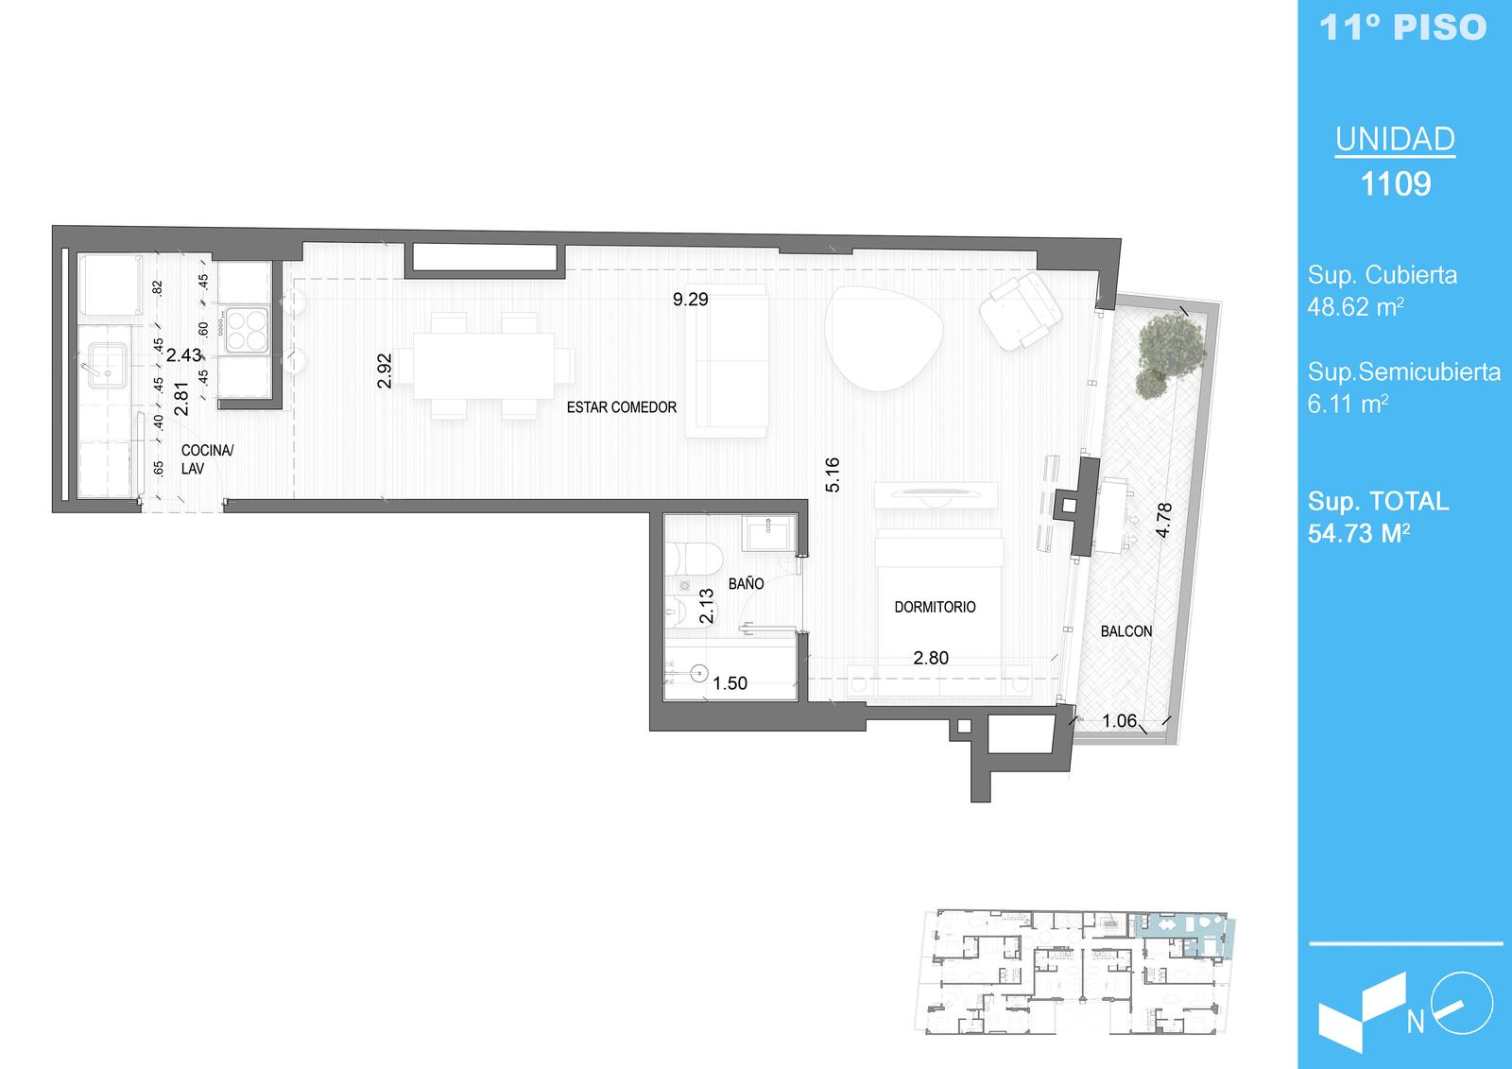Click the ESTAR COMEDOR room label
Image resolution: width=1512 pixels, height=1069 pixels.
coord(621,407)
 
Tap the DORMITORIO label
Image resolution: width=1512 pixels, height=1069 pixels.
coord(935,607)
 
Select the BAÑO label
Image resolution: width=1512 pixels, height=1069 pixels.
coord(746,583)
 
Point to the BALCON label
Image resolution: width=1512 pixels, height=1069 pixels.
coord(1126,631)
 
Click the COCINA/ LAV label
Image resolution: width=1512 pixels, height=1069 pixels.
coord(207,459)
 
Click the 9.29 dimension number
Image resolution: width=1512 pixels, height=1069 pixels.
coord(691,300)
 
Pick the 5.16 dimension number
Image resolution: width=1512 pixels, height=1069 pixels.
coord(833,474)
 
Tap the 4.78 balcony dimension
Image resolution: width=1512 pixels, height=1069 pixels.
coord(1163,520)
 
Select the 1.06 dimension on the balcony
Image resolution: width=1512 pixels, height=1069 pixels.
coord(1120,721)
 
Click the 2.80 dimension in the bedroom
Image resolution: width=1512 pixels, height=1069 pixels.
coord(931,658)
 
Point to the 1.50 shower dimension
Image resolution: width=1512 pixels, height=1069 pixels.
coord(730,683)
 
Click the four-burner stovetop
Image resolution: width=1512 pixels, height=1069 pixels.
coord(247,330)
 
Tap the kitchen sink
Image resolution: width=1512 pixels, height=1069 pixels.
coord(108,366)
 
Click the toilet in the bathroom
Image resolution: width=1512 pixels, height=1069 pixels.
coord(694,558)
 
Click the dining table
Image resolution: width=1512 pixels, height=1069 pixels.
coord(484,366)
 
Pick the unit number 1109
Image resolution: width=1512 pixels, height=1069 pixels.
coord(1395,183)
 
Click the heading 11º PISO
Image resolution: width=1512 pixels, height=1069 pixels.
coord(1402,27)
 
